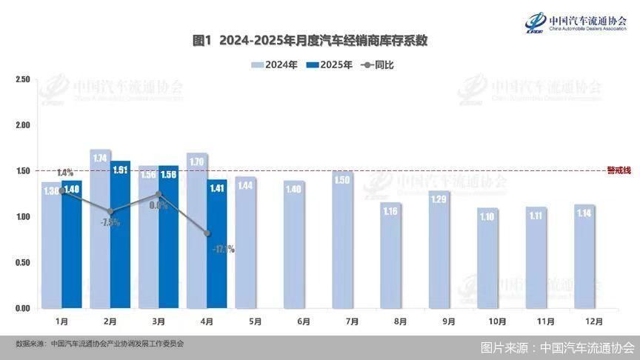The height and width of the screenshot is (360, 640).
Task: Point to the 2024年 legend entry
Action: point(274,65)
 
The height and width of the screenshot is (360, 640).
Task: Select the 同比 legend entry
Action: point(378,65)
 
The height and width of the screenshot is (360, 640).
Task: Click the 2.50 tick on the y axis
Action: point(21,79)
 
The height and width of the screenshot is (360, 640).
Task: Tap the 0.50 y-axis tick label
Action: point(21,263)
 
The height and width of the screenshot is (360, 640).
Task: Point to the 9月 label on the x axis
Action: point(448,321)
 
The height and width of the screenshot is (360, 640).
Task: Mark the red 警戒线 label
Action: point(618,170)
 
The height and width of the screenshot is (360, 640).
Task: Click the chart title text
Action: point(310,40)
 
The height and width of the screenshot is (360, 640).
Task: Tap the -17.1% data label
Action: point(223,250)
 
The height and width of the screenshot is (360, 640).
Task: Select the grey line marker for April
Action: point(207,233)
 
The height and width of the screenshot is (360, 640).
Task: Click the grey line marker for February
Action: point(110,212)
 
